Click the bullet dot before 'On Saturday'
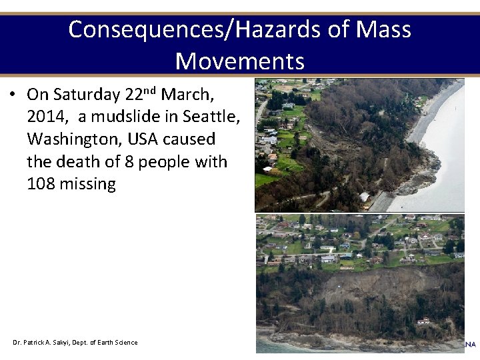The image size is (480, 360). pos(13,95)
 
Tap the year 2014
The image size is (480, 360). pos(46,117)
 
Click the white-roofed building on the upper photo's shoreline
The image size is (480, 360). pos(364,197)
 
